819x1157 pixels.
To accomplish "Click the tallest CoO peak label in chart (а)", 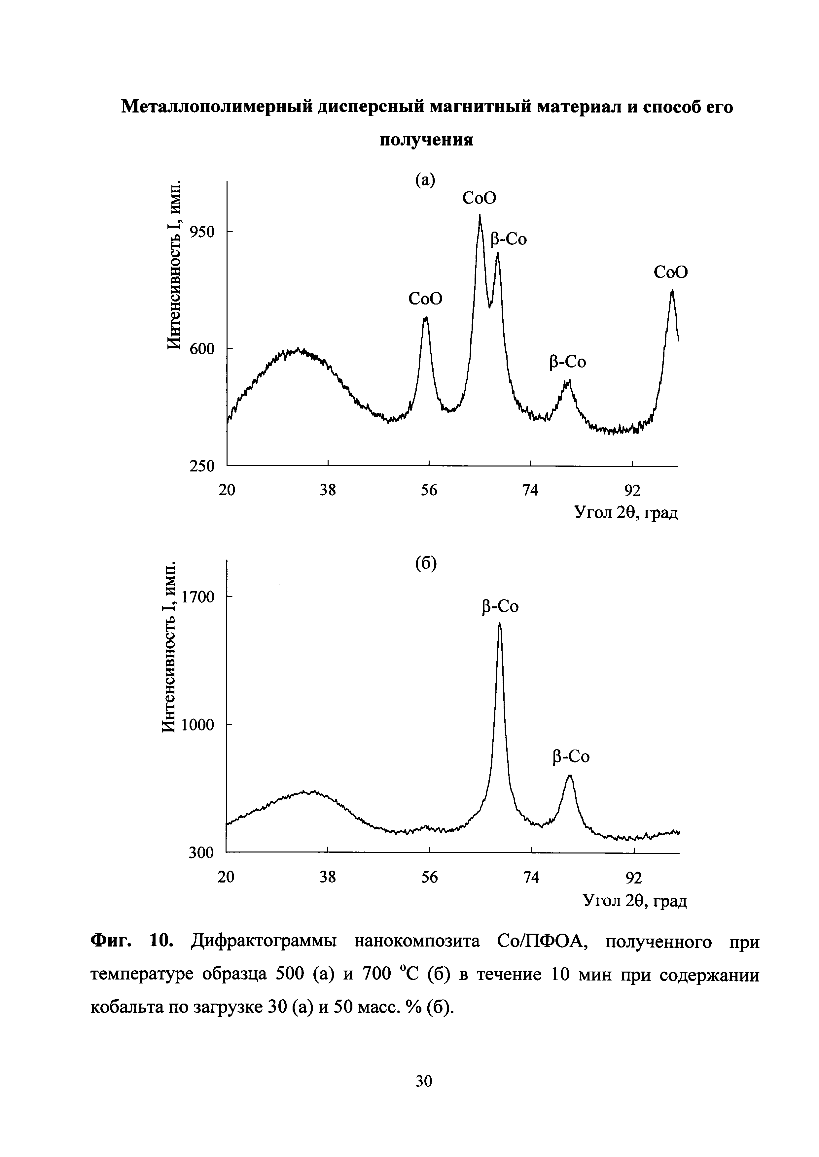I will click(479, 198).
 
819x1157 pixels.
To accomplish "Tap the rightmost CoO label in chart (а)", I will click(670, 272).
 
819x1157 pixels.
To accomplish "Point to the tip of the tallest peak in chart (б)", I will click(499, 623).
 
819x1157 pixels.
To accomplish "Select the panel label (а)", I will click(425, 179).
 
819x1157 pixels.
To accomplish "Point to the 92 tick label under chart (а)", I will click(632, 490).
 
